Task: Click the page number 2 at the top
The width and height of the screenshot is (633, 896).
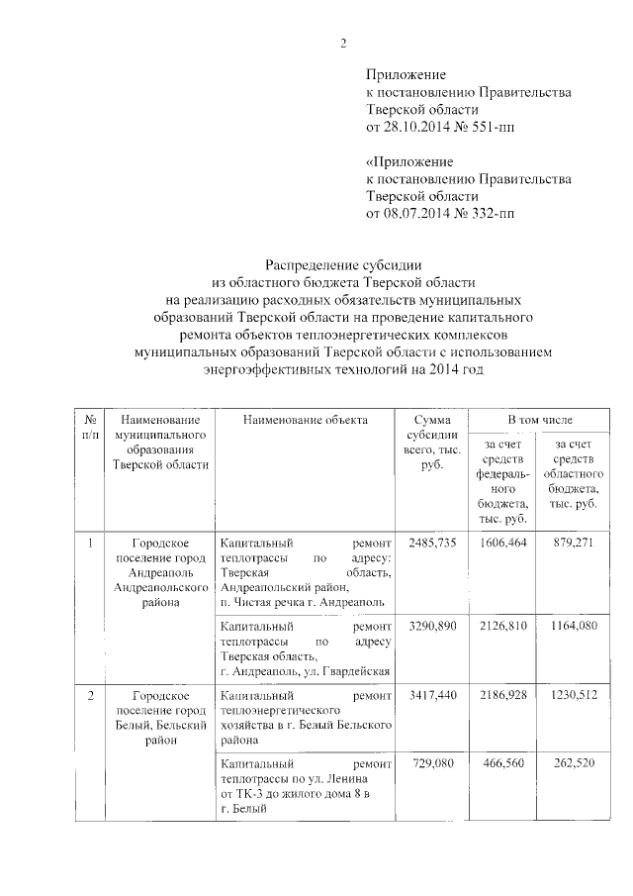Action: [x=343, y=43]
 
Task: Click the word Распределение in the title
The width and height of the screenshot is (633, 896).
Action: [x=317, y=264]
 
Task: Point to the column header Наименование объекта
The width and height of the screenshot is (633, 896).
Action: [x=306, y=421]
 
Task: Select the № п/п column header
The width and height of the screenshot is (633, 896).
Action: [x=90, y=428]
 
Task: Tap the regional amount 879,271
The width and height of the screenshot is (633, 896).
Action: [x=568, y=544]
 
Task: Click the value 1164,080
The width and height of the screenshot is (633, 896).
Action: [x=568, y=627]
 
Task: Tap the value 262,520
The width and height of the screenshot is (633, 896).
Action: [x=568, y=765]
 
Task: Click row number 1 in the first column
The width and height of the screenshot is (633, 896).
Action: [x=90, y=544]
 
